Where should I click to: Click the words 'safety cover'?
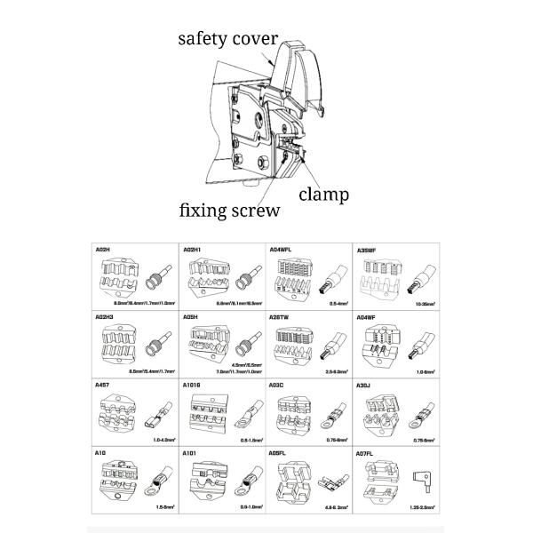point(228,39)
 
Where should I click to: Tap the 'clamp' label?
point(323,194)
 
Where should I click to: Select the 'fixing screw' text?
point(229,211)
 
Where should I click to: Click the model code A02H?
point(102,251)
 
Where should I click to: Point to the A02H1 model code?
point(191,251)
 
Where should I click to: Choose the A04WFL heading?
point(282,251)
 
